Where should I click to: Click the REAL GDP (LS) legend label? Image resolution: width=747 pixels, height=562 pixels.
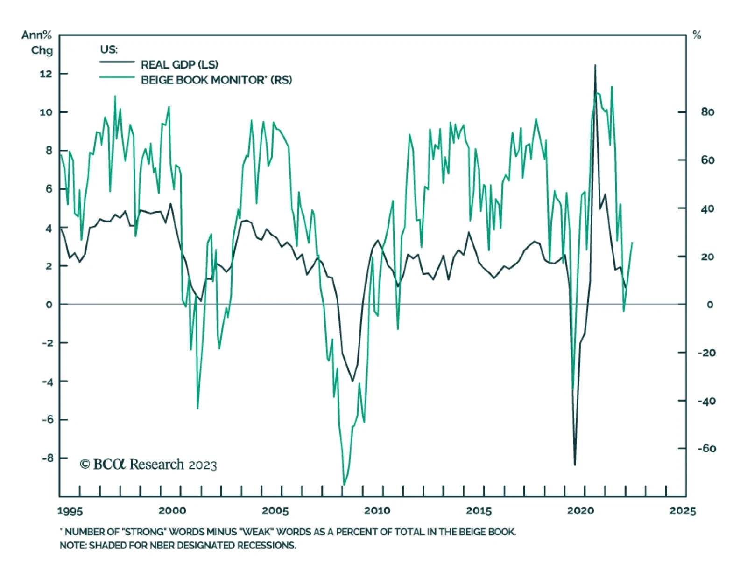pos(179,64)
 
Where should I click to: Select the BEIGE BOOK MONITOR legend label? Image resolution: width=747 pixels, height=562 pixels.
pos(216,80)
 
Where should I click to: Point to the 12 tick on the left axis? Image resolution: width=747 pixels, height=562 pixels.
pos(46,74)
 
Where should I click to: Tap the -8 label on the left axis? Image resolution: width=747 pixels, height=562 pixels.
pos(48,458)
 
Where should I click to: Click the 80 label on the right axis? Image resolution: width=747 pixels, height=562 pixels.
pos(707,112)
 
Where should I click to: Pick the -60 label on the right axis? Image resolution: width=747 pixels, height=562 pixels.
pos(706,449)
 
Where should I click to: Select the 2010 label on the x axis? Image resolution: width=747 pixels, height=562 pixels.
pos(377,511)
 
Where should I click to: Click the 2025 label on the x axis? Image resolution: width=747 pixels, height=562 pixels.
pos(682,511)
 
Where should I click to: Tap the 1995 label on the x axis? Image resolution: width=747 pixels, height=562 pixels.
pos(70,511)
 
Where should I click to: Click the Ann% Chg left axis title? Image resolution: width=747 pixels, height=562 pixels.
pos(37,42)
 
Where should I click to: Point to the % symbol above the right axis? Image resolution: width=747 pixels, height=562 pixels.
pos(697,35)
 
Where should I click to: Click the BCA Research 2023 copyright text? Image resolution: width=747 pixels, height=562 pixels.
pos(148,465)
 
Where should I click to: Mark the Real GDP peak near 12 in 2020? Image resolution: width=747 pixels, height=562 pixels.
pos(595,65)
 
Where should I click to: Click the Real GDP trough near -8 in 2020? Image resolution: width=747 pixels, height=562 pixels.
pos(575,465)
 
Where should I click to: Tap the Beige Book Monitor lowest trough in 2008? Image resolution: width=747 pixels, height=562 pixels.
pos(344,485)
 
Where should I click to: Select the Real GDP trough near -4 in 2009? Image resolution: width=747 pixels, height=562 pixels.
pos(352,381)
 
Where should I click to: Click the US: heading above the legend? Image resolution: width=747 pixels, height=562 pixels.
pos(109,49)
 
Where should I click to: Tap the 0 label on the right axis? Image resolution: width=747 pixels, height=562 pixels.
pos(710,305)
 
